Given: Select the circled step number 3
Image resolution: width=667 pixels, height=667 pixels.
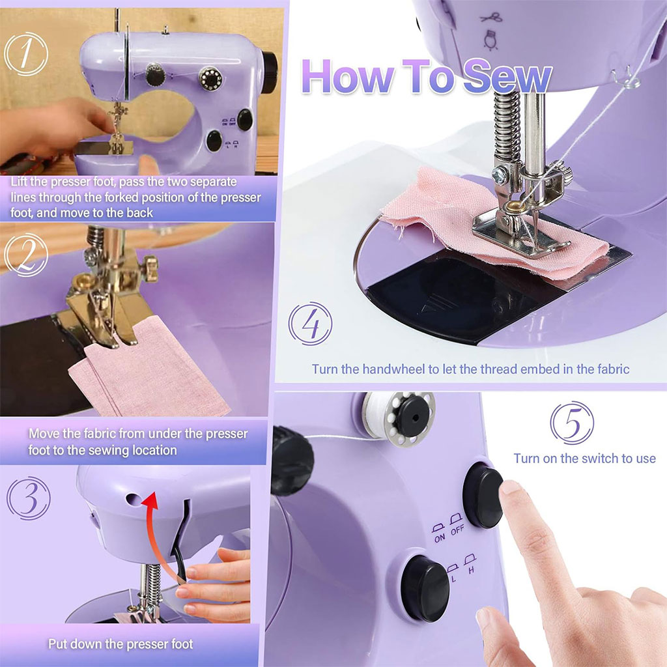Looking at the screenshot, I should click(x=28, y=498).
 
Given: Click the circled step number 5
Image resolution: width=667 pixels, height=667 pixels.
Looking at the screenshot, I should click(x=571, y=423).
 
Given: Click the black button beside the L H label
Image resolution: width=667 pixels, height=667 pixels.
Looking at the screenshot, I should click(x=425, y=588).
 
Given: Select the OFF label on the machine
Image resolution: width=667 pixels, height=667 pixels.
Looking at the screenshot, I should click(x=457, y=530).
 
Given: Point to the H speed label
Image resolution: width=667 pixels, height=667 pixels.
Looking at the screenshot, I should click(x=470, y=569).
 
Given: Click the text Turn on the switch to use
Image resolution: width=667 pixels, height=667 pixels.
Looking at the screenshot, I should click(x=584, y=459).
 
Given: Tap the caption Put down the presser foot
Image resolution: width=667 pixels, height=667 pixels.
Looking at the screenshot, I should click(x=121, y=644).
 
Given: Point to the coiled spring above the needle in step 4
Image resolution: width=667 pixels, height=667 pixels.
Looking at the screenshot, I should click(x=504, y=127).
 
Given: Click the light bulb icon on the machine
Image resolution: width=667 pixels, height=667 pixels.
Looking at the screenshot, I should click(x=489, y=40).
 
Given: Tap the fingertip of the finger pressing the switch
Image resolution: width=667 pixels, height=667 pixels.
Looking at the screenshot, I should click(x=510, y=489).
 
